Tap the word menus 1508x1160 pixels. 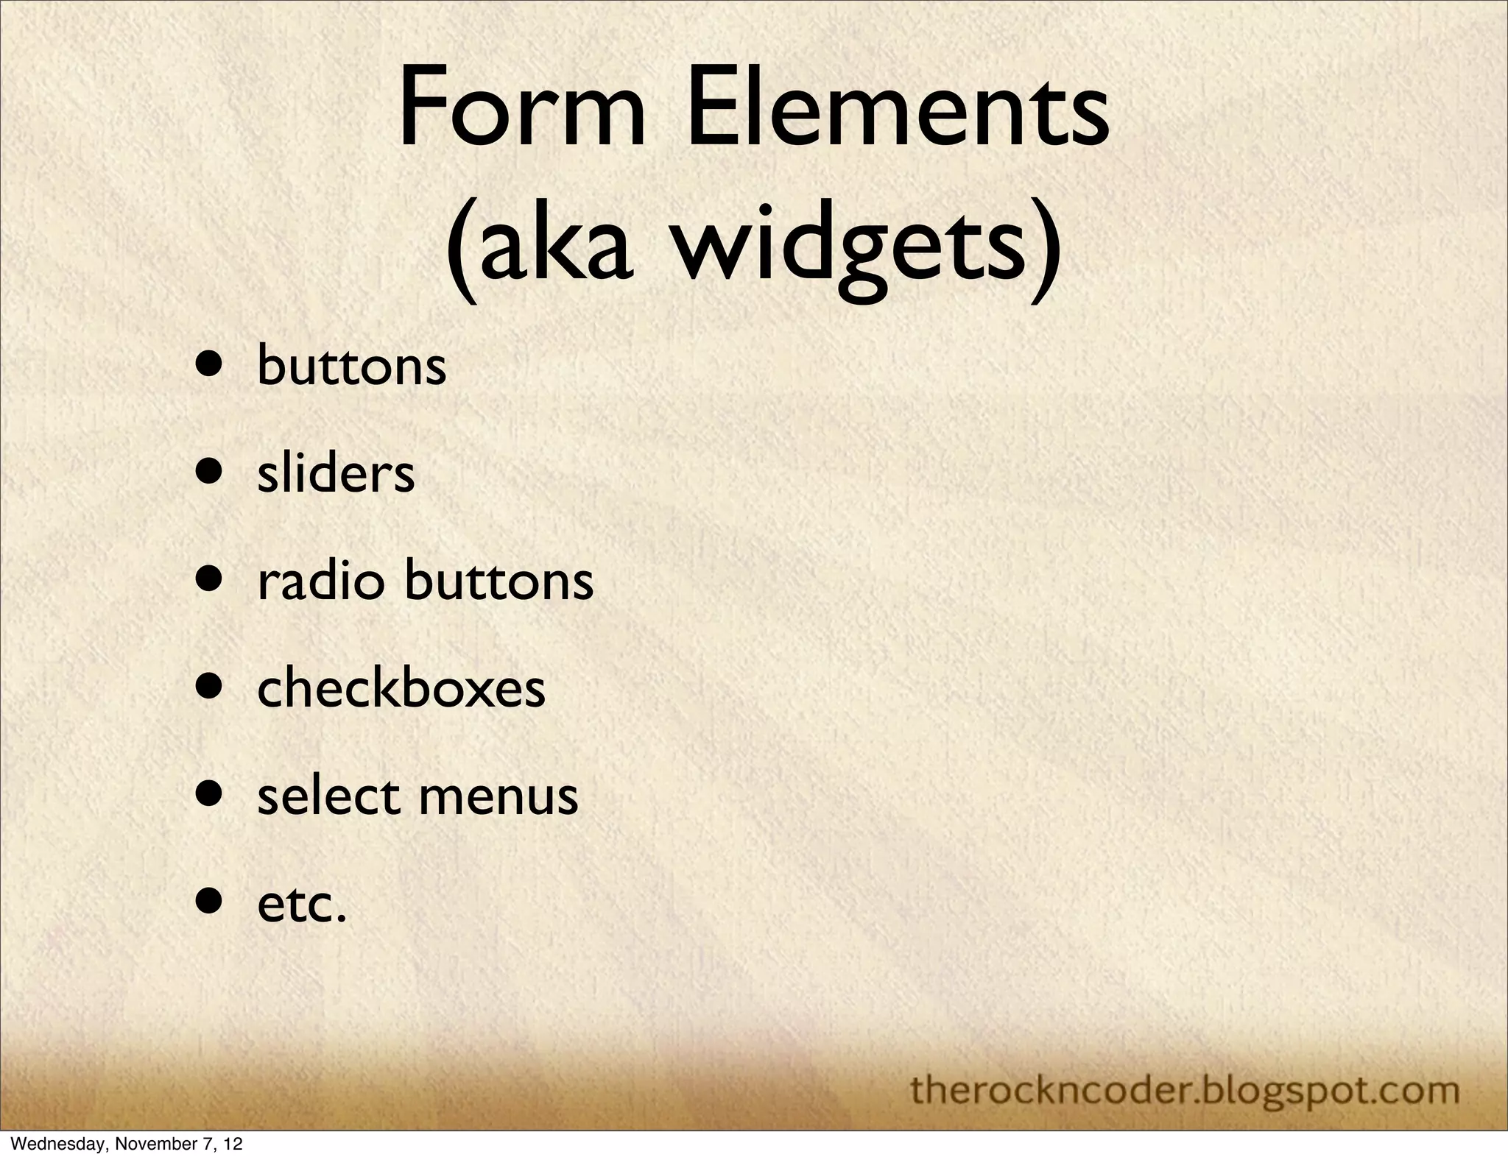(498, 798)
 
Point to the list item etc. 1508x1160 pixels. (301, 905)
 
